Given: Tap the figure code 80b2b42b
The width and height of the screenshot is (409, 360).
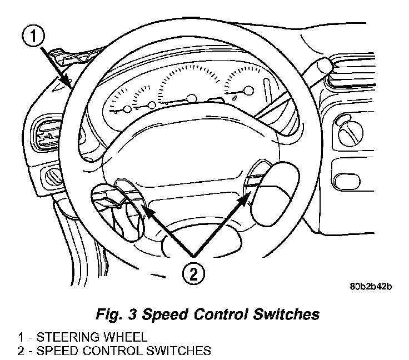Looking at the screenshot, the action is (x=371, y=287).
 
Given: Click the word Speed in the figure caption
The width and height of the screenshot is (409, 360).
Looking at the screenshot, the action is (x=164, y=314).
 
